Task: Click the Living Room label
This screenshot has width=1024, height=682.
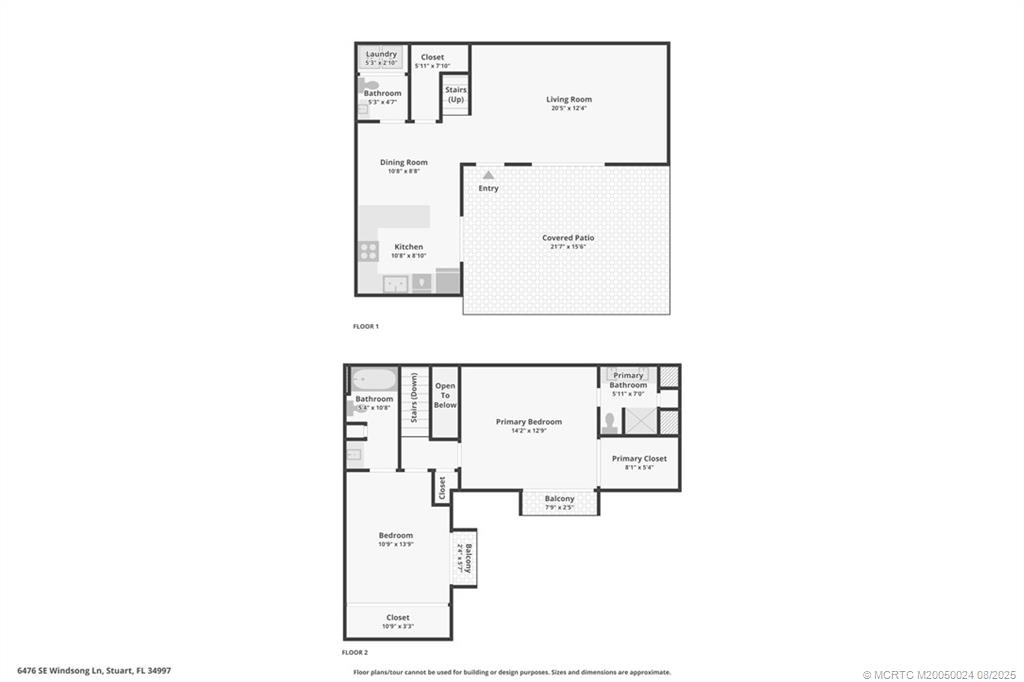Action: coord(568,99)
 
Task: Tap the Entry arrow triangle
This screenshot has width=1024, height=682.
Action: coord(488,174)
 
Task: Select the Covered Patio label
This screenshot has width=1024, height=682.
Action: coord(568,238)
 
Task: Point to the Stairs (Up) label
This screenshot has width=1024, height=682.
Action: coord(456,95)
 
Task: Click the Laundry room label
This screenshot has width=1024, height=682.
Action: coord(381,54)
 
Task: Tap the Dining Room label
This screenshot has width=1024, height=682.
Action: coord(403,162)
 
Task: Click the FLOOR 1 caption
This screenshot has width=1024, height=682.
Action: coord(366,326)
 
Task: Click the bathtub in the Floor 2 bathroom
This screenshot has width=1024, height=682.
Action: coord(374,381)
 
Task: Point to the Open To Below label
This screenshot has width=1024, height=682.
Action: coord(445,395)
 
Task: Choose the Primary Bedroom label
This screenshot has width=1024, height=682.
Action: coord(528,422)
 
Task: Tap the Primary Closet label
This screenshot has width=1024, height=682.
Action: coord(639,459)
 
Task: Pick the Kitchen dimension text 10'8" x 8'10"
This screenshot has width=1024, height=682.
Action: coord(408,257)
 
